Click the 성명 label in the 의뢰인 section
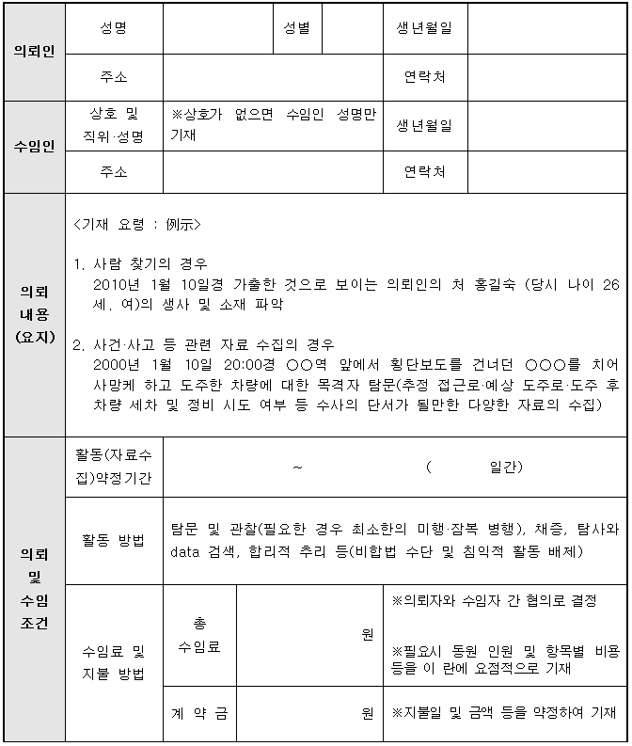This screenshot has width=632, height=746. coord(114,28)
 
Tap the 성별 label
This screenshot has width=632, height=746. coord(297,28)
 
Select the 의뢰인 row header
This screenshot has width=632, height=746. coord(34,52)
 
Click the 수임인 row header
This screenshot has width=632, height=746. coord(34,147)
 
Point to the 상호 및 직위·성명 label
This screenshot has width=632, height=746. coord(114,125)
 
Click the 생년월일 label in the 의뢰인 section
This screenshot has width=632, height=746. coord(424,28)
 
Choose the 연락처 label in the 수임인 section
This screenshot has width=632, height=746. coord(424,172)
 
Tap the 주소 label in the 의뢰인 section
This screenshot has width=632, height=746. coord(114,77)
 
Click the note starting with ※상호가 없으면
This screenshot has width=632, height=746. coord(273,125)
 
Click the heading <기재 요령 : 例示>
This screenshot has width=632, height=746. coord(136,226)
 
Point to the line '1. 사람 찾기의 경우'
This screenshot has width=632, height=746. coord(140,263)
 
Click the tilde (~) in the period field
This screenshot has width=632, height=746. coord(297,468)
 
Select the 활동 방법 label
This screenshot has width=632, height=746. coord(114,540)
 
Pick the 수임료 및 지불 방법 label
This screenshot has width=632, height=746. coord(114,662)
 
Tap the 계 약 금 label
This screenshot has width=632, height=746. coord(198,713)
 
